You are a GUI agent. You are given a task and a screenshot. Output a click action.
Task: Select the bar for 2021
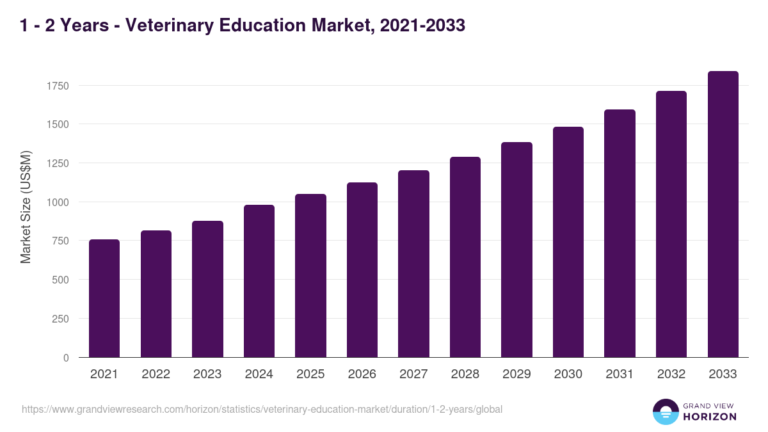click(x=104, y=298)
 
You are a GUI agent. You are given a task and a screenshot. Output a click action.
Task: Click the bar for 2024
click(x=259, y=281)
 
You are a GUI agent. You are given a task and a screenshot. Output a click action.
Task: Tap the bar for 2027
click(x=413, y=264)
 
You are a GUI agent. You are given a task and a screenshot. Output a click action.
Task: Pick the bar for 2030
click(x=568, y=242)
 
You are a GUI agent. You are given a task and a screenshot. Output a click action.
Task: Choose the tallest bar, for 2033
click(x=723, y=214)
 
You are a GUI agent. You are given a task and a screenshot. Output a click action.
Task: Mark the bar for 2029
click(x=516, y=250)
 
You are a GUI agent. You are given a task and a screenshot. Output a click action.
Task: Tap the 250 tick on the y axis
click(x=61, y=319)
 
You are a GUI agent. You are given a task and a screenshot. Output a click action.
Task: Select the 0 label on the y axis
click(x=66, y=358)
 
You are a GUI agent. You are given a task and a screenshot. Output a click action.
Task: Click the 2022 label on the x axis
click(x=156, y=374)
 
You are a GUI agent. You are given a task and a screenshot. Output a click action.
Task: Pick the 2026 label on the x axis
click(x=362, y=374)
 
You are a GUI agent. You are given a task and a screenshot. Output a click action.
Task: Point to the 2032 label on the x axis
click(x=671, y=374)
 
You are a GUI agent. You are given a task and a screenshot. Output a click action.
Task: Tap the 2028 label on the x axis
click(x=465, y=374)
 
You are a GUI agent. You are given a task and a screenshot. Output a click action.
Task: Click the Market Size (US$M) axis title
click(x=26, y=207)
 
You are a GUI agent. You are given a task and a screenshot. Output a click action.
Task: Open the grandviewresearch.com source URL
click(x=262, y=409)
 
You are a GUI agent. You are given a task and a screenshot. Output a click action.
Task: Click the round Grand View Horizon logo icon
click(x=665, y=412)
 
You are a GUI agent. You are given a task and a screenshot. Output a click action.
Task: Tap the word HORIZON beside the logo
click(x=710, y=417)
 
